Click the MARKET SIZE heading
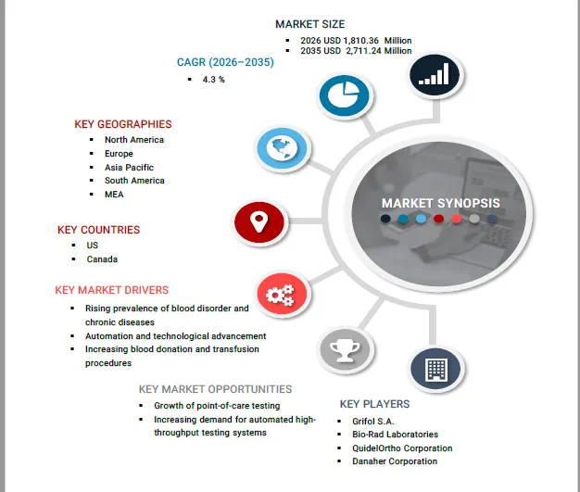[310, 24]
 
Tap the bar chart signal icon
[435, 75]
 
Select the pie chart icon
[344, 95]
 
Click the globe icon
[283, 148]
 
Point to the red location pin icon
[259, 222]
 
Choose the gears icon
[282, 294]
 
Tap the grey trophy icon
[345, 350]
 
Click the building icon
[435, 369]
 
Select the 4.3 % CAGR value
[213, 80]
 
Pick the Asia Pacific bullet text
[129, 168]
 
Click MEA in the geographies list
[114, 195]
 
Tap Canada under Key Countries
[102, 259]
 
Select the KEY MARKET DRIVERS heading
[112, 290]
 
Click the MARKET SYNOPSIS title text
[440, 203]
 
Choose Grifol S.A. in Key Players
[372, 422]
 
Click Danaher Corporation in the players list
[395, 461]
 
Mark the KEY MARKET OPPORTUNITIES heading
[215, 389]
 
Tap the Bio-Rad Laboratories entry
[395, 435]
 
